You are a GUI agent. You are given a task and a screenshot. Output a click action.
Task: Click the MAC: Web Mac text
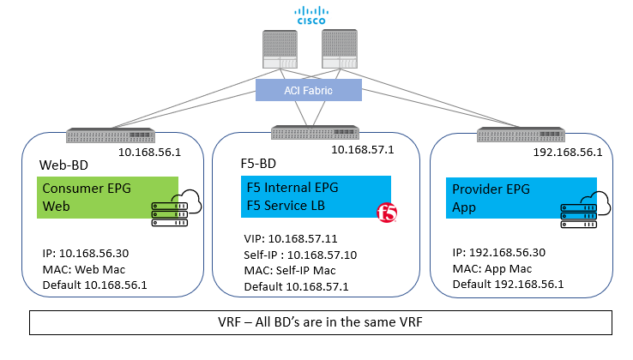click(85, 269)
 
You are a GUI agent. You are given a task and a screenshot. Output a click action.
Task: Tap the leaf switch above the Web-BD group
click(111, 135)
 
